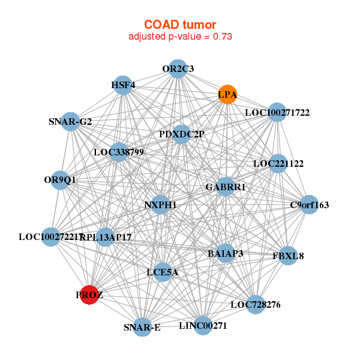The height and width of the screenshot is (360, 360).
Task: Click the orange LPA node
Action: tap(227, 95)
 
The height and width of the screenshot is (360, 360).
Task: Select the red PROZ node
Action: tap(89, 295)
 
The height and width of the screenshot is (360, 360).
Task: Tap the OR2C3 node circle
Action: tap(177, 69)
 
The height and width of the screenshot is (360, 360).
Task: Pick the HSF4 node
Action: tap(123, 85)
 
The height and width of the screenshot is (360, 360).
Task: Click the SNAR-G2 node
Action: tap(71, 122)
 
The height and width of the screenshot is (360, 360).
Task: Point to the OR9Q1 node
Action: tap(60, 179)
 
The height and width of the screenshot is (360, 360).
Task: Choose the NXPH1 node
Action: tap(160, 205)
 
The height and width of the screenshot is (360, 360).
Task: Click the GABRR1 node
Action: tap(226, 187)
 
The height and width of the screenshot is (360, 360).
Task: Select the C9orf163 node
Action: tap(309, 205)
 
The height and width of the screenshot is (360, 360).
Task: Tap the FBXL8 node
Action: tap(288, 256)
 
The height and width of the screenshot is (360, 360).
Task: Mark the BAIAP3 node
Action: tap(226, 254)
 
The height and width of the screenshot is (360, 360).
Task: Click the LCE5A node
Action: tap(162, 272)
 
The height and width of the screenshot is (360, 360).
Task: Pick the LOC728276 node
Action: tap(256, 305)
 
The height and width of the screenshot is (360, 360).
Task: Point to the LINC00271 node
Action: tap(203, 326)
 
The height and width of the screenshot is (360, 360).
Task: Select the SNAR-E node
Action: tap(142, 327)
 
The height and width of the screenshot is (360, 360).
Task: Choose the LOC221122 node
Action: tap(278, 163)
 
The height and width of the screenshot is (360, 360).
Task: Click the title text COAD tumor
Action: tap(180, 25)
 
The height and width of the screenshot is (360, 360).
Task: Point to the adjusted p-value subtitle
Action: tap(180, 37)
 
